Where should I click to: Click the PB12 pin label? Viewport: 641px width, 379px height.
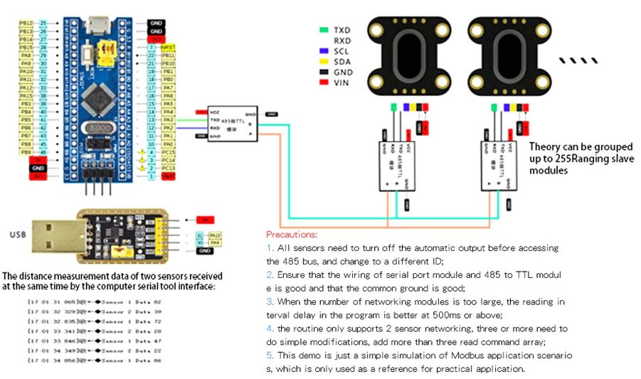tap(26, 23)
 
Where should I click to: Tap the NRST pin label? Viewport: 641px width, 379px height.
tap(169, 48)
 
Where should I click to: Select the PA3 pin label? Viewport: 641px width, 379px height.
tap(168, 119)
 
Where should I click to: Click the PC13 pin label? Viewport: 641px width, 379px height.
tap(169, 168)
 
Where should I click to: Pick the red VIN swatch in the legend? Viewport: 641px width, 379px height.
tap(324, 82)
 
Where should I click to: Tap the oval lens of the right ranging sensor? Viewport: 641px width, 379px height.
tap(508, 56)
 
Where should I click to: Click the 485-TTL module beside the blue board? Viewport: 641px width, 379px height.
tap(231, 124)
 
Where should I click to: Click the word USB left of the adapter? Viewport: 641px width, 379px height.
tap(20, 234)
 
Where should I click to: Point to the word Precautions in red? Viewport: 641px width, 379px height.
tap(292, 234)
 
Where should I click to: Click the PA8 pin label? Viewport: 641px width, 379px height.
tap(26, 55)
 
